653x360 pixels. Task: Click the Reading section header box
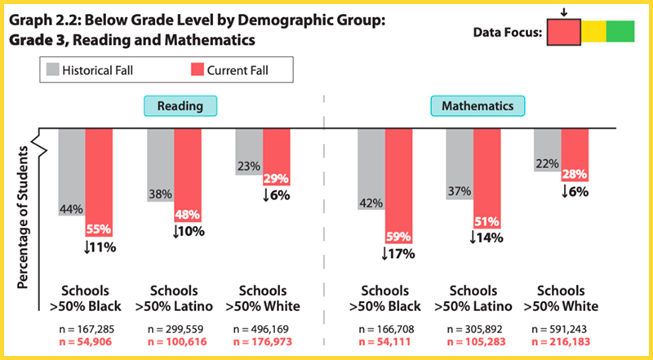tap(180, 106)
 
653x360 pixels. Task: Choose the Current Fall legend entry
tap(241, 71)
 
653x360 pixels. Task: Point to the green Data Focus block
tap(620, 32)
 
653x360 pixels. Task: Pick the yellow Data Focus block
tap(593, 32)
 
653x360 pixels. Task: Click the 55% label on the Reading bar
tap(98, 230)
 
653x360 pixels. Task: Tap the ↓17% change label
tap(398, 254)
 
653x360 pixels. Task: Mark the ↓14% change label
tap(486, 238)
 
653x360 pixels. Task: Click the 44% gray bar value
tap(72, 210)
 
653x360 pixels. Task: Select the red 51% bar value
tap(487, 222)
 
